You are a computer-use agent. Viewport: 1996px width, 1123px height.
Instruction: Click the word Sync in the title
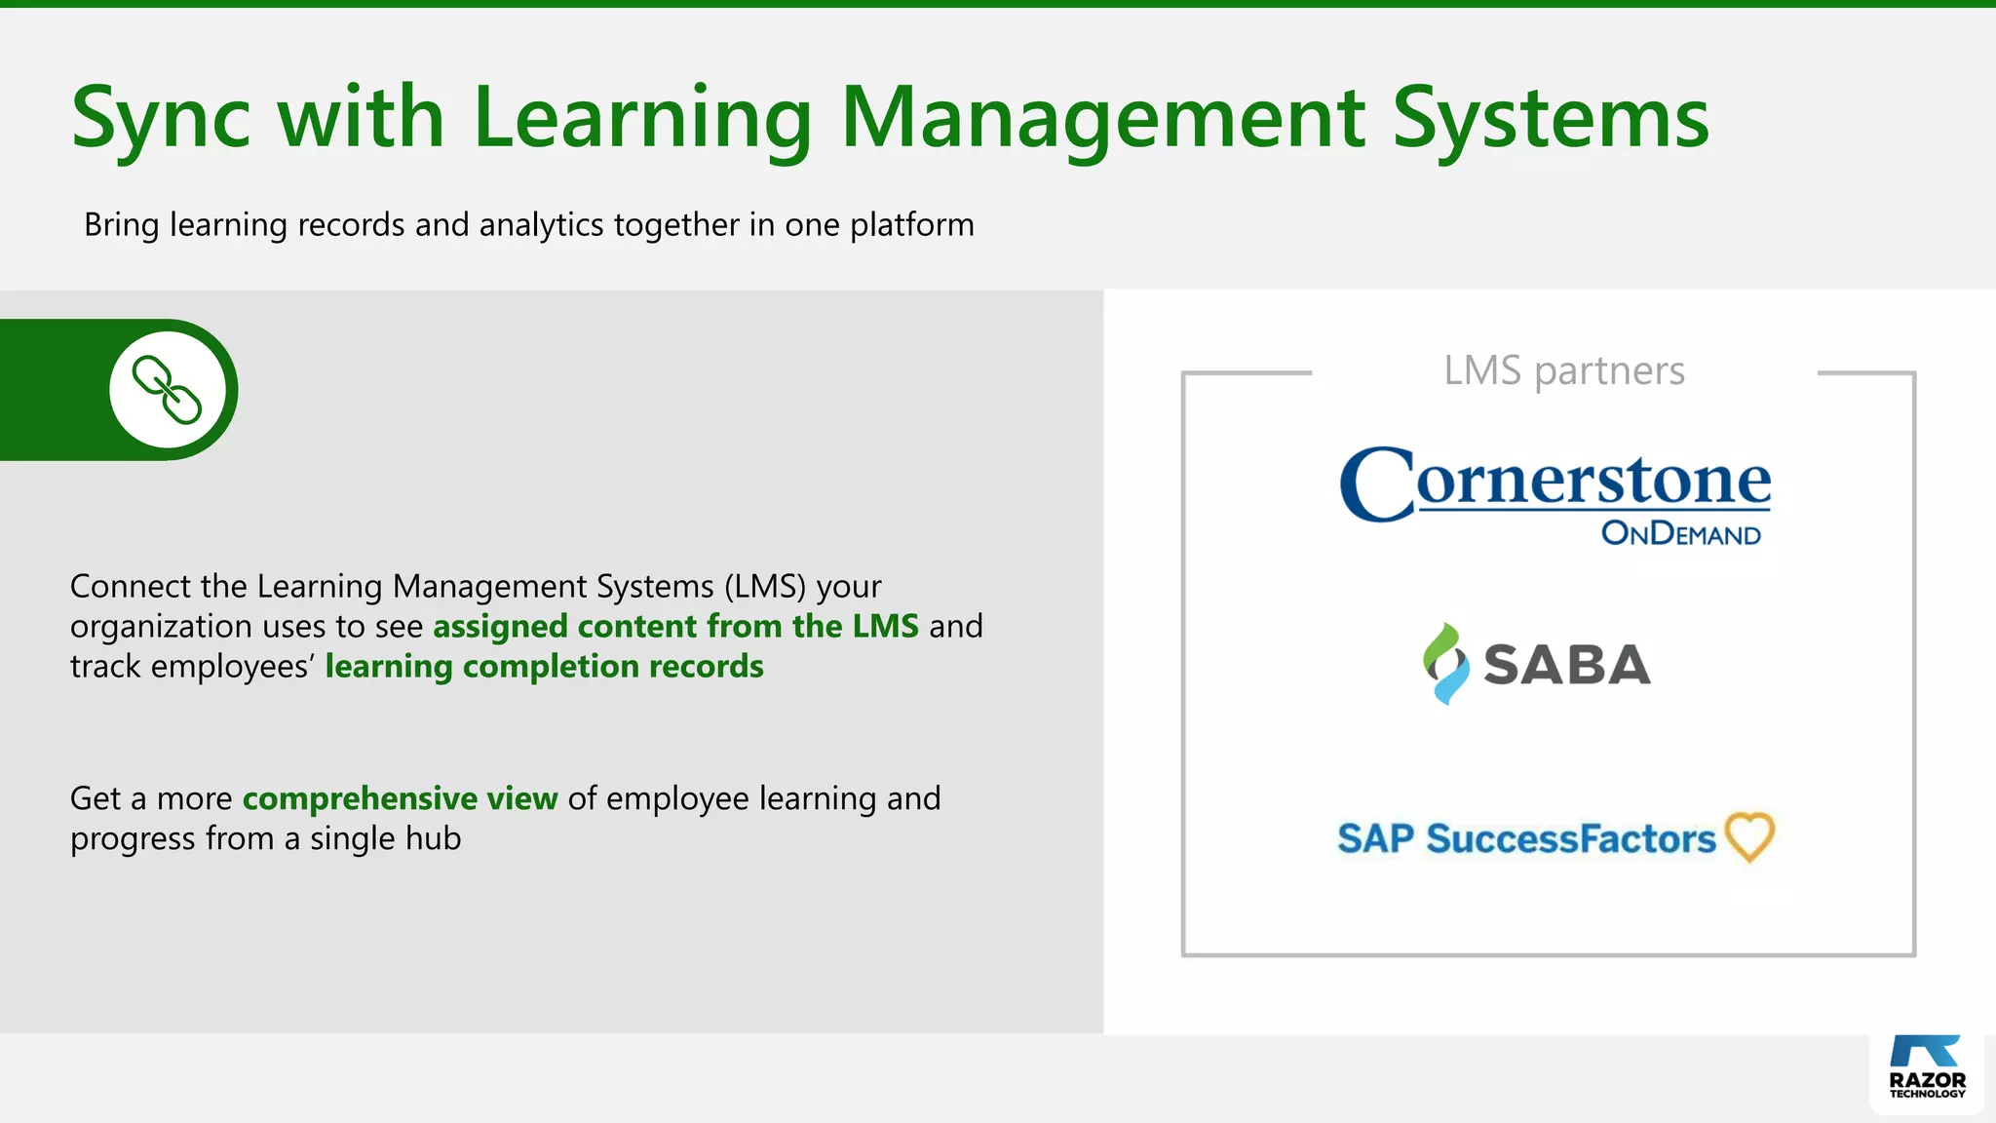coord(161,119)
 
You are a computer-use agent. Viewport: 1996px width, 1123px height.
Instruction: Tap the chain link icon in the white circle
coord(168,390)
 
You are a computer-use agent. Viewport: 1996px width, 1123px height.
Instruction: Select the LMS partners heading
coord(1563,371)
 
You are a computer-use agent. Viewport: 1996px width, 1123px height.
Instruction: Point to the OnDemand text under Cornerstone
coord(1680,533)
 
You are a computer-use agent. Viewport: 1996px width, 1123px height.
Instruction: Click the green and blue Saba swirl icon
coord(1445,663)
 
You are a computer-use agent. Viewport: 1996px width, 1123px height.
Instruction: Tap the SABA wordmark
coord(1566,665)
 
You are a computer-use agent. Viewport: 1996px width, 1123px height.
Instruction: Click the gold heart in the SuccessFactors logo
coord(1749,836)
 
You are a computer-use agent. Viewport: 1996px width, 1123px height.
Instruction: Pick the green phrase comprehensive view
coord(400,798)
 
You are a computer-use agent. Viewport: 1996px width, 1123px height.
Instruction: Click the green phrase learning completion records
coord(544,666)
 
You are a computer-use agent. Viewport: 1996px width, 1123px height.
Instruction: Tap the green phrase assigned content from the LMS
coord(675,626)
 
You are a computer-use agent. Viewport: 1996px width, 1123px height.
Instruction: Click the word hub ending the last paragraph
coord(434,838)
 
